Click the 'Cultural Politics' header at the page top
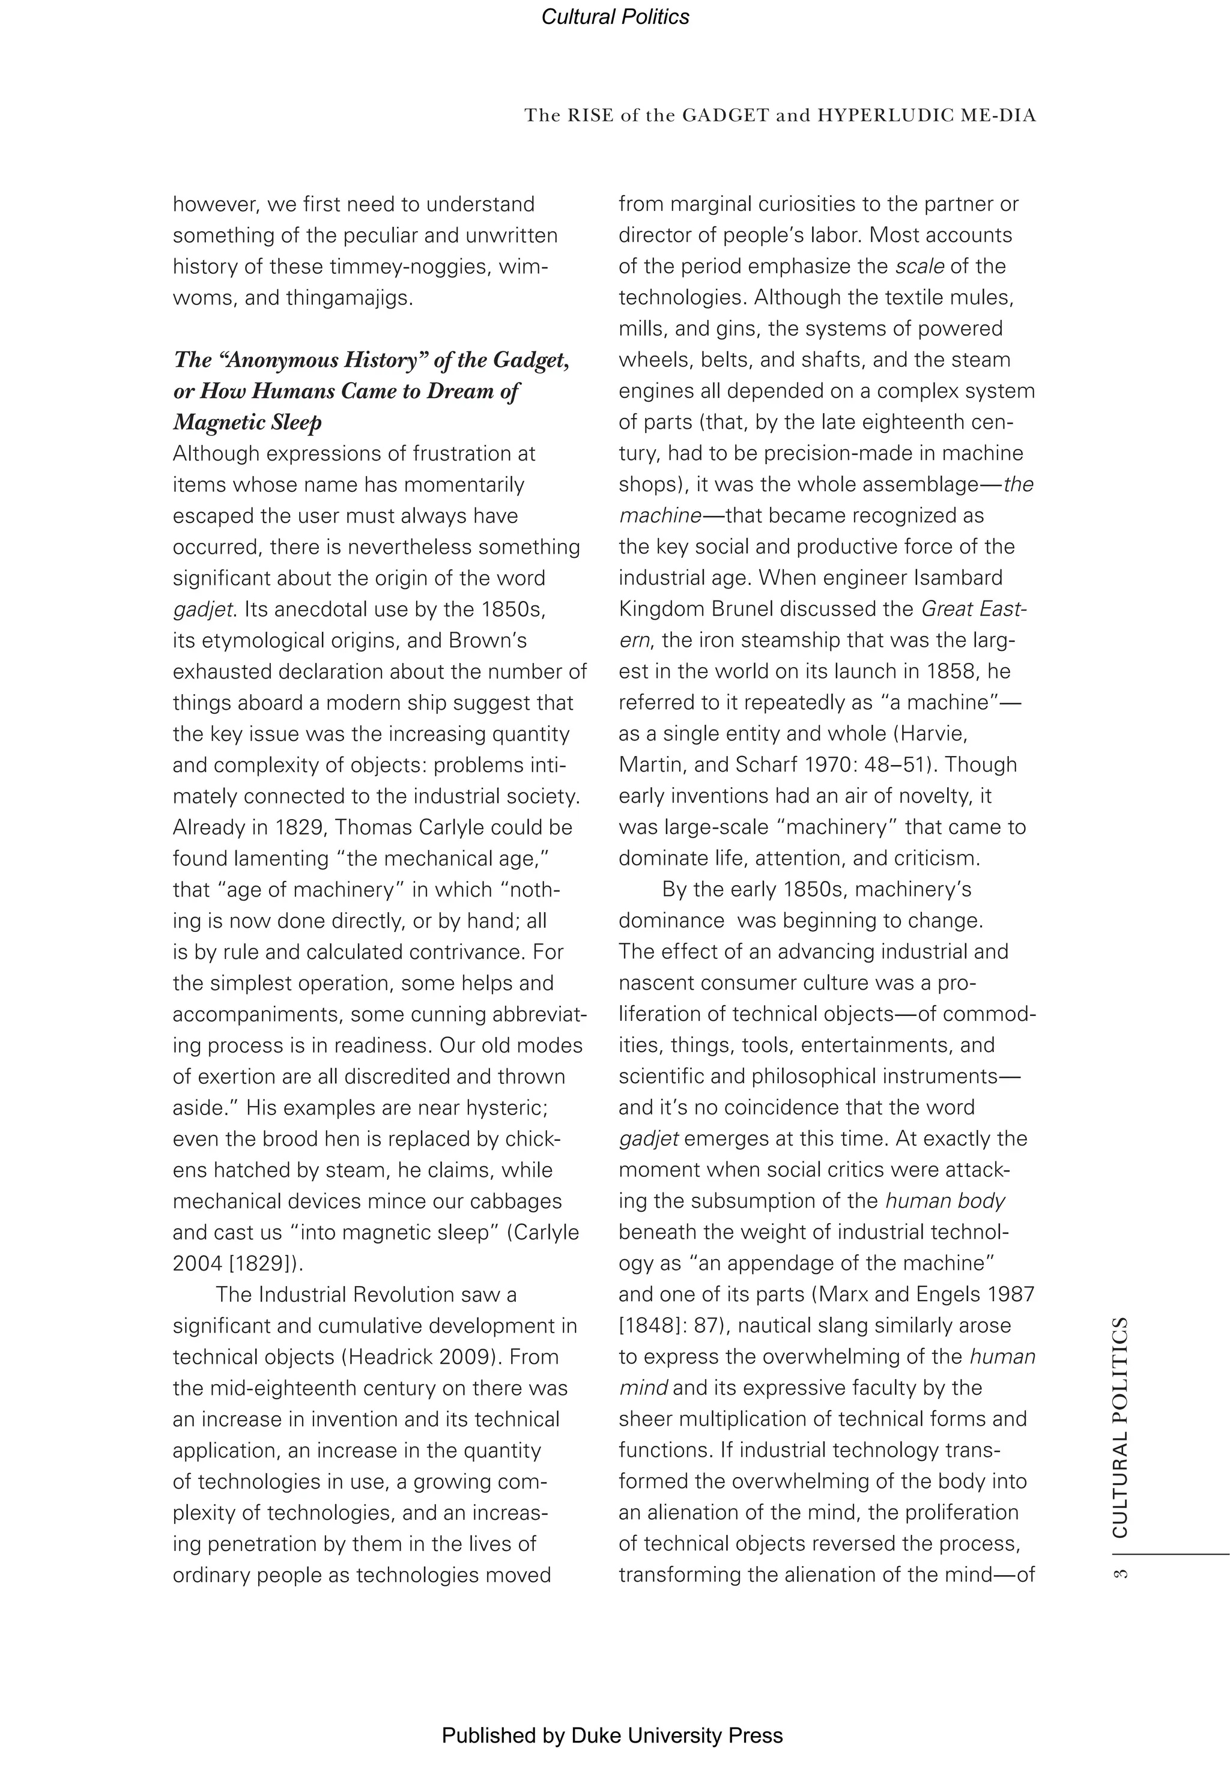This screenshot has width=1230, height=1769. tap(614, 17)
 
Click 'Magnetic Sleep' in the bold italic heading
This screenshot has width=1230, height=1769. tap(247, 422)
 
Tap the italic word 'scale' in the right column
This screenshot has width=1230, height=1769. tap(919, 267)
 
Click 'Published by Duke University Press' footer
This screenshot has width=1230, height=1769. tap(612, 1735)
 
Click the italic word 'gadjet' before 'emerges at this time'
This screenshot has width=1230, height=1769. tap(648, 1139)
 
